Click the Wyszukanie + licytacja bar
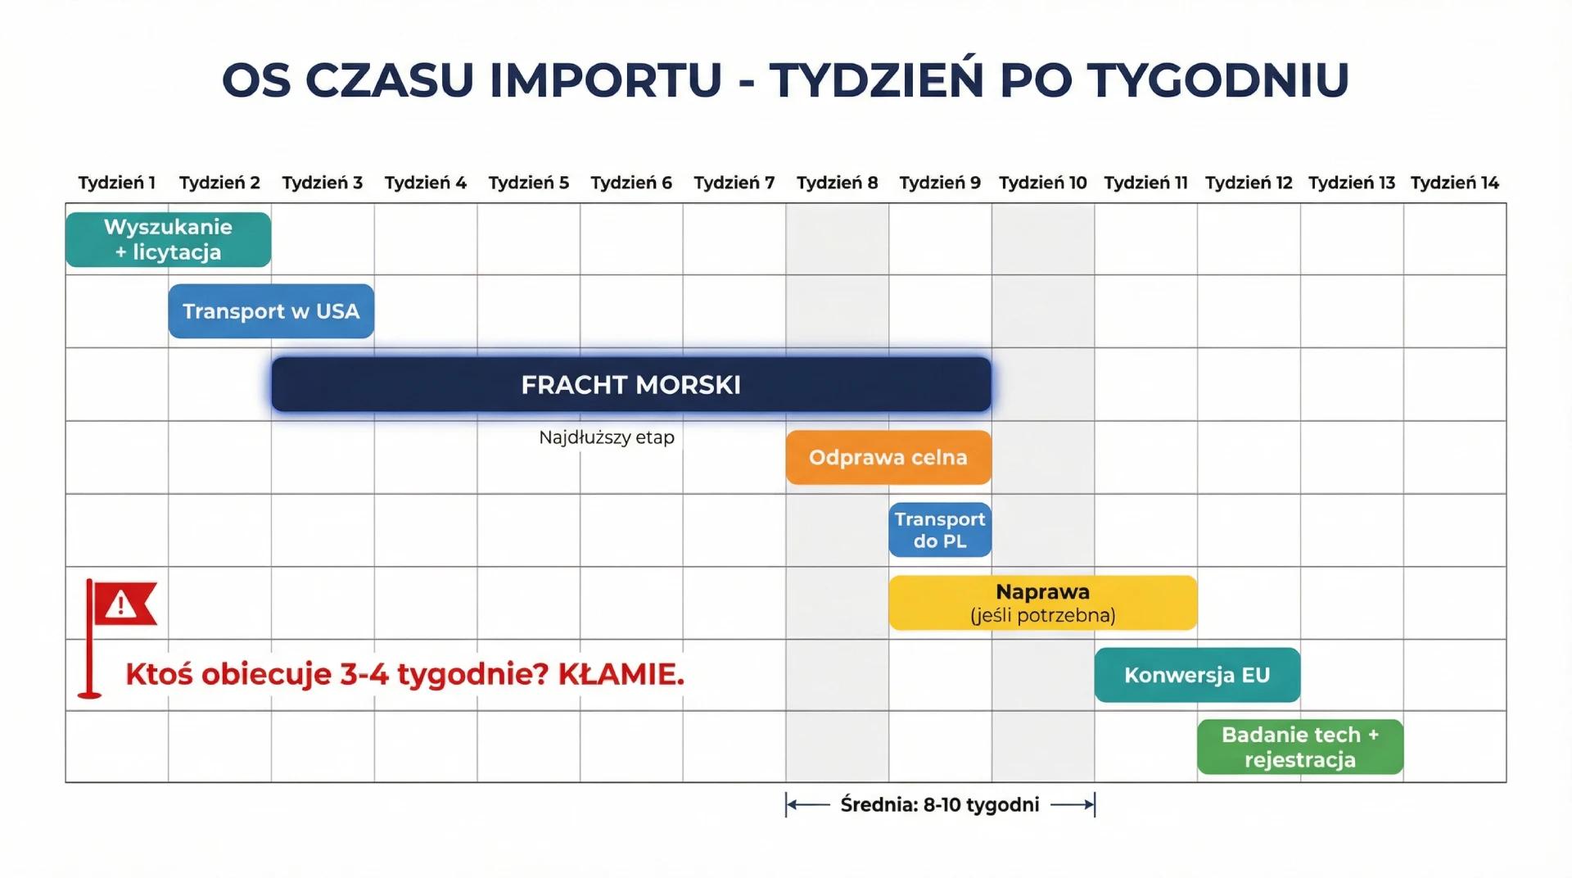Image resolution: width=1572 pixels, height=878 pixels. pos(168,239)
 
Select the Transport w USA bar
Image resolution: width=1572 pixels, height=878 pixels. pos(271,311)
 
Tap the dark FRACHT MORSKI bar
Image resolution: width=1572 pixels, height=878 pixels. pos(630,384)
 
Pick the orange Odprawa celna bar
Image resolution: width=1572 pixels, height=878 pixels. pos(888,457)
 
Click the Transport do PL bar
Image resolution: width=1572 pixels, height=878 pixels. pos(940,530)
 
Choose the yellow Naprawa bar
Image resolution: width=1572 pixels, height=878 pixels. pos(1042,603)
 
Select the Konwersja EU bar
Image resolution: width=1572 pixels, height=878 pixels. pos(1197,675)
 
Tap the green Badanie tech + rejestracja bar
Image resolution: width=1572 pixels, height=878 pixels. pos(1300,747)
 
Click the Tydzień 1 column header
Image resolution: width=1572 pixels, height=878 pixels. pos(117,183)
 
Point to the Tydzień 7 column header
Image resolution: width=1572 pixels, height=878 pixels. pos(734,183)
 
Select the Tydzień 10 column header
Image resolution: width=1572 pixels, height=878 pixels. pos(1042,183)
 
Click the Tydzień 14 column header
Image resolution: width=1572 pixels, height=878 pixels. pos(1454,183)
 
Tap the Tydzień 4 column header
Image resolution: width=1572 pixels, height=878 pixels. pos(426,183)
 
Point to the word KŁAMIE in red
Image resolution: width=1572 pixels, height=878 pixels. pos(621,675)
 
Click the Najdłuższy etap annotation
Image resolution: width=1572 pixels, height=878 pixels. pos(607,437)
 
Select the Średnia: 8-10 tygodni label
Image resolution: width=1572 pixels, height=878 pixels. pos(940,805)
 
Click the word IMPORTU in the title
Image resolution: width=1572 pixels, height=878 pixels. pos(605,80)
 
